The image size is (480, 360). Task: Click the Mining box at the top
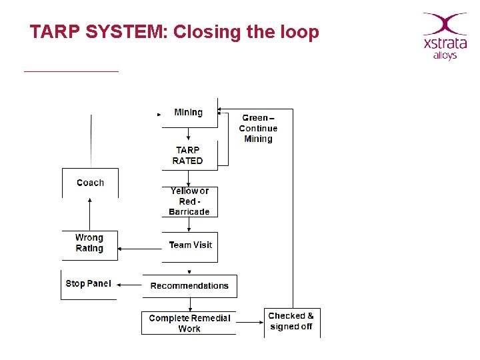189,113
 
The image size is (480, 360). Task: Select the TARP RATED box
188,155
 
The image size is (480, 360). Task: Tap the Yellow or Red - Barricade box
189,201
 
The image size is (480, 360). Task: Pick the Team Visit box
190,245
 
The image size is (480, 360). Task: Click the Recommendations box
189,286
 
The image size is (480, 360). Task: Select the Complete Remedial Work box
189,323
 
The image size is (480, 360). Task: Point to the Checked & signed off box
291,321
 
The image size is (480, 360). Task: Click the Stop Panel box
89,284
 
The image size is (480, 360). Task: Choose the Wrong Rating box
89,243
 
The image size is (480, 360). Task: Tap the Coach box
90,183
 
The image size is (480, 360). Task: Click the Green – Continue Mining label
258,129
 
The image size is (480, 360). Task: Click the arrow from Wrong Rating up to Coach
90,215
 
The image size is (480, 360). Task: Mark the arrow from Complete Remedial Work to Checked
250,323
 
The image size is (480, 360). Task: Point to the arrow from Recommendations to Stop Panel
130,286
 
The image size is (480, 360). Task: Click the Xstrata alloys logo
445,37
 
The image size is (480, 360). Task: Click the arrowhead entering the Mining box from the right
222,109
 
